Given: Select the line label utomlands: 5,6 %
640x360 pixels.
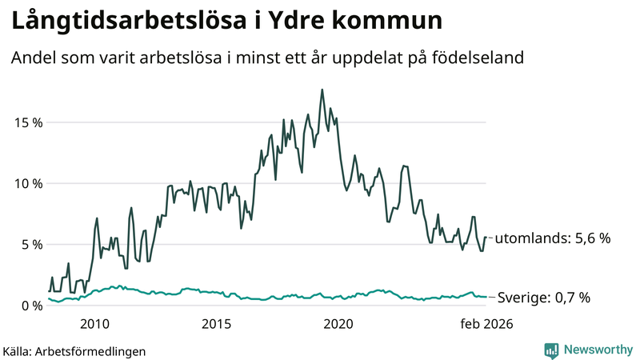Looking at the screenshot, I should (x=554, y=238).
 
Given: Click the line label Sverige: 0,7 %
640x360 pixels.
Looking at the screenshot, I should (x=544, y=298).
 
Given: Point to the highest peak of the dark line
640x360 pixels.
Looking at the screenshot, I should (x=322, y=90).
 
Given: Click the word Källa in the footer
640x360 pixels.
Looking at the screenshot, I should (x=17, y=350).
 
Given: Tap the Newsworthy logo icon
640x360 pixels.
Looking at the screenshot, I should (x=552, y=350).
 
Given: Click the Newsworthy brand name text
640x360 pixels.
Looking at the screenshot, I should (x=597, y=350).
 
